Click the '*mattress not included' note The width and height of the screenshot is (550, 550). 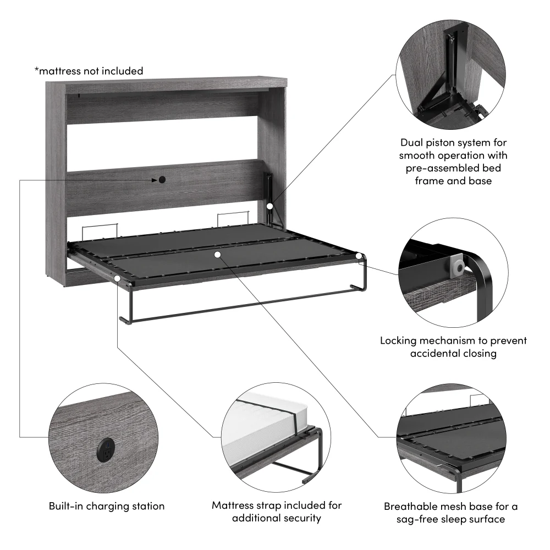tap(89, 71)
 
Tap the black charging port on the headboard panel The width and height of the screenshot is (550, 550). tap(162, 180)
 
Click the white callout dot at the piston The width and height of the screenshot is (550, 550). tap(270, 206)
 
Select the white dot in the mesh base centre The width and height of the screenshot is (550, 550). tap(218, 254)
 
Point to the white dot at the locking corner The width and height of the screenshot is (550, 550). tap(359, 256)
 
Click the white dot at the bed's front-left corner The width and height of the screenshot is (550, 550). tap(118, 279)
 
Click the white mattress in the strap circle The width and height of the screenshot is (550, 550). tap(258, 423)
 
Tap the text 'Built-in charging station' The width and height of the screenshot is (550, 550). tap(107, 506)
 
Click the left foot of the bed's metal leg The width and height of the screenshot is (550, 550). tap(124, 320)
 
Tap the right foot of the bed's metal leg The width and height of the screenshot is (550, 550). tap(357, 287)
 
